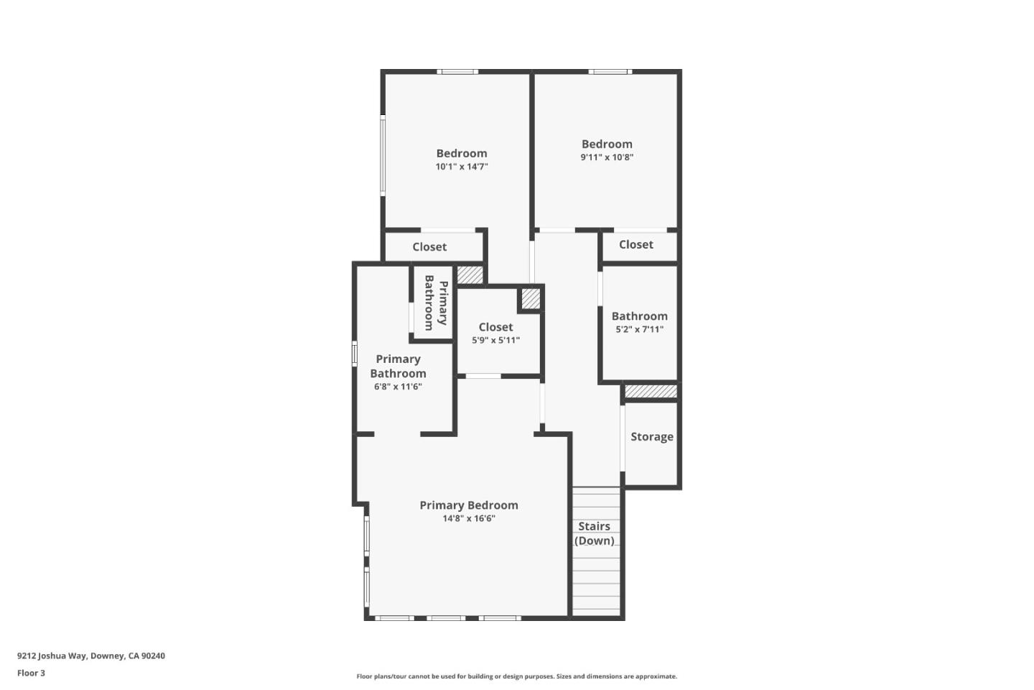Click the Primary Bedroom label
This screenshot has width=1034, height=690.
469,505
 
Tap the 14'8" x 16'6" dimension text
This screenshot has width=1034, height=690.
469,519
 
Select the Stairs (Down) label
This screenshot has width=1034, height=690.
595,533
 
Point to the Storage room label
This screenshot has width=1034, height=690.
652,437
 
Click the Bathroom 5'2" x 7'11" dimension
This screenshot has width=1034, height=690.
639,330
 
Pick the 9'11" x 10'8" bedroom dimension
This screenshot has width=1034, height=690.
607,157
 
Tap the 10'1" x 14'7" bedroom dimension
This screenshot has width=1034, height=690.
462,167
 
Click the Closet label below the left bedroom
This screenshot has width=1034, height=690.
429,247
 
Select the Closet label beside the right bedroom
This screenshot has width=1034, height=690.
636,245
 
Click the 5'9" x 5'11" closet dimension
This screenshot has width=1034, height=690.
495,341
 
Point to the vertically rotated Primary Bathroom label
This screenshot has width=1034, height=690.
436,303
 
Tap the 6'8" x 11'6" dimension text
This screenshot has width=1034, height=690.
398,387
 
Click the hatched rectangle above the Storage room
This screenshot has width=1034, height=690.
651,392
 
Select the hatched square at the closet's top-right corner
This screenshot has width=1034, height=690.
531,298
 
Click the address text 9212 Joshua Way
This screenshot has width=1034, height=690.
91,656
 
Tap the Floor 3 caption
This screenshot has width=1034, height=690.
31,673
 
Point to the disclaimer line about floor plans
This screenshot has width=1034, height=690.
516,676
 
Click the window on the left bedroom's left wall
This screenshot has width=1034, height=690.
383,155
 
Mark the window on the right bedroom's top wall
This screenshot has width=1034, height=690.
610,72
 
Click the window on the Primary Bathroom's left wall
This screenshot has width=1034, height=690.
354,354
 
